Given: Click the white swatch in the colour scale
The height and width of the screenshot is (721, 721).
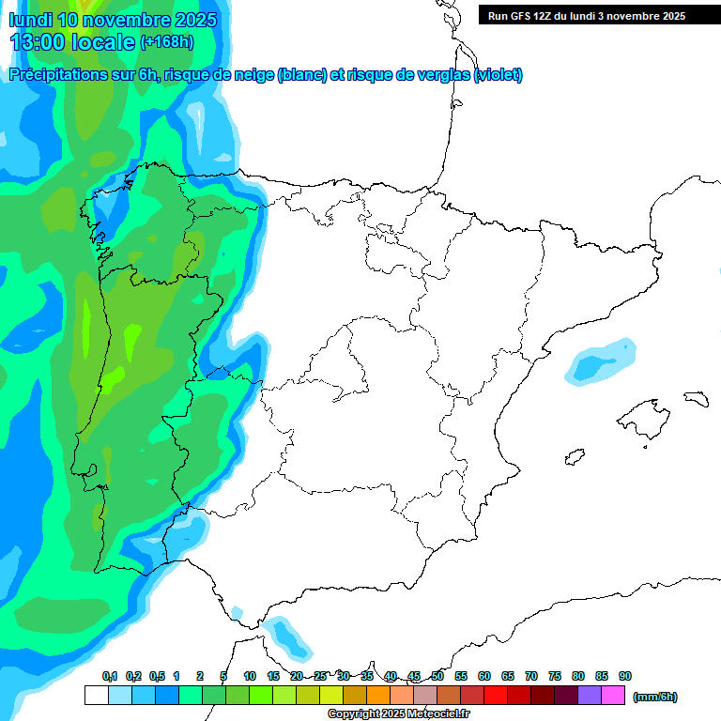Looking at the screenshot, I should (x=96, y=696).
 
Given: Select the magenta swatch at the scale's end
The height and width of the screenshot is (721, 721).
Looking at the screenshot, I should (x=613, y=696).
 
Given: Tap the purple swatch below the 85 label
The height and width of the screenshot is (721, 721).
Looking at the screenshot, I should (x=590, y=696).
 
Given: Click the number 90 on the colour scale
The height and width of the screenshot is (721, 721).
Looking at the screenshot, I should (x=625, y=676).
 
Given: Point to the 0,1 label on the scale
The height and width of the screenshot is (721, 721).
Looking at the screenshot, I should (x=110, y=676).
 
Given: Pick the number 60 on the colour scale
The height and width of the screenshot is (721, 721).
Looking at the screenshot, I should (x=484, y=676).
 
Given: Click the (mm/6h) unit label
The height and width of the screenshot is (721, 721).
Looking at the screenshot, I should (x=655, y=697).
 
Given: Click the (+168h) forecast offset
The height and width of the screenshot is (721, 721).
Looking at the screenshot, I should (x=166, y=41).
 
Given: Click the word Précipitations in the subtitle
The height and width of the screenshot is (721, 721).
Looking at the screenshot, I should (x=58, y=75).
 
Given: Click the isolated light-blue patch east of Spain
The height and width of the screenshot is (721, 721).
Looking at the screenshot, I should (x=600, y=361).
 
